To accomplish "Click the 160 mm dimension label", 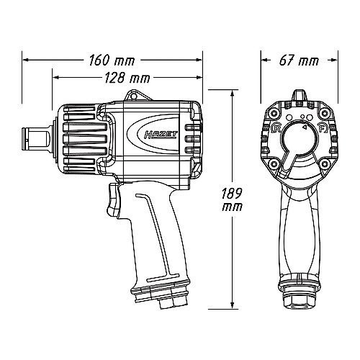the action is tap(112, 60).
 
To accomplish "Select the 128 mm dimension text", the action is tap(127, 78).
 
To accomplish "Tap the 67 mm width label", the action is tap(299, 60).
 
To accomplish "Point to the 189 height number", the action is tap(232, 193).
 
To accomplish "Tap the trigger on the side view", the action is tap(113, 199).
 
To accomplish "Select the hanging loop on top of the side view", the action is tap(136, 96).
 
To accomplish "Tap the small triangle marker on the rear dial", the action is tap(304, 127).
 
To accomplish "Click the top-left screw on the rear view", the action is tap(272, 113).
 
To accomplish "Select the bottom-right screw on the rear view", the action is tap(324, 164).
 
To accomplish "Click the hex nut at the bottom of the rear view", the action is tap(300, 298).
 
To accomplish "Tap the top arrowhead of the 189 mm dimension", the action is tap(232, 94).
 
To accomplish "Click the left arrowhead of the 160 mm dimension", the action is tap(26, 60).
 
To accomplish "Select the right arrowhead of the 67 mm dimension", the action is tap(334, 60).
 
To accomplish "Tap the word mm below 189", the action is tap(232, 207).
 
